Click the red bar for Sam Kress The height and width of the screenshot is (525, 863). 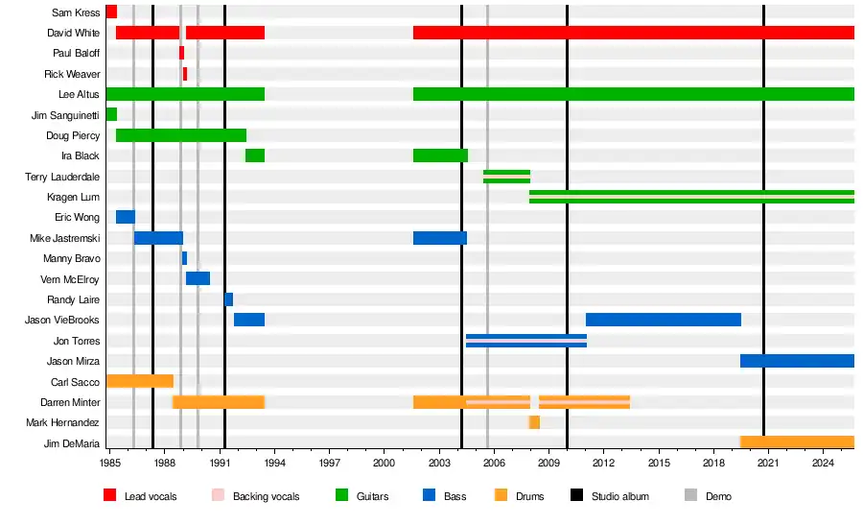click(x=111, y=12)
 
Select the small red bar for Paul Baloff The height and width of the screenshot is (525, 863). click(x=181, y=53)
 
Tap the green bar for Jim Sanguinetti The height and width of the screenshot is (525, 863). click(x=111, y=114)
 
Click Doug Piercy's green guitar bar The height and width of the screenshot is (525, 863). click(x=180, y=135)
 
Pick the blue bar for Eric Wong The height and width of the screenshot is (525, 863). click(x=126, y=217)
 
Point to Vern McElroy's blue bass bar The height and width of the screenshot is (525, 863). click(x=198, y=278)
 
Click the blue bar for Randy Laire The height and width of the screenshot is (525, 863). click(x=228, y=299)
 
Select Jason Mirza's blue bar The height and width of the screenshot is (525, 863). click(x=797, y=361)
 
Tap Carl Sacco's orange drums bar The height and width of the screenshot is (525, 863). click(x=139, y=381)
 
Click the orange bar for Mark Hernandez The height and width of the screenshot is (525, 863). click(x=534, y=422)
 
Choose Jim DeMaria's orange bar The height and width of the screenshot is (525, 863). click(x=797, y=442)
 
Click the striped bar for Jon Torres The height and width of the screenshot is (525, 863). click(x=526, y=340)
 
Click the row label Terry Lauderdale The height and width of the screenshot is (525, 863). click(x=62, y=177)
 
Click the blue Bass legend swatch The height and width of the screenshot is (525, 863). click(x=428, y=496)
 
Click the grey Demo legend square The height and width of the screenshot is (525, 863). click(x=690, y=496)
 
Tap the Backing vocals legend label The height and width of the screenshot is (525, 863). click(x=266, y=496)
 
